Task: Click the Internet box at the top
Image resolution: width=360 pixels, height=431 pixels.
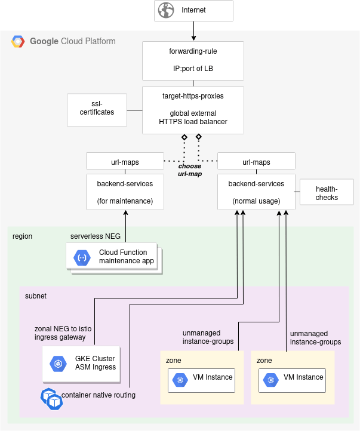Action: [193, 11]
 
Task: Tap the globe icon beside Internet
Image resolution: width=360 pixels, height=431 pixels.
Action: [168, 11]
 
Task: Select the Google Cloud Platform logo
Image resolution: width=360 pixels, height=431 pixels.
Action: [18, 42]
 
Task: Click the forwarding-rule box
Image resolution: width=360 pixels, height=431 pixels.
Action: [193, 60]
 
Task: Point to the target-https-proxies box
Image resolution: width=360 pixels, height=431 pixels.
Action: [193, 110]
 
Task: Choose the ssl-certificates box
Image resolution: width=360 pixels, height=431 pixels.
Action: [97, 109]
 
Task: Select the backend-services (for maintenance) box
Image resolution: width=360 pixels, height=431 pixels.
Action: [125, 192]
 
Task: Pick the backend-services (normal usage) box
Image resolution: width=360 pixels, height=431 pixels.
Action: [256, 192]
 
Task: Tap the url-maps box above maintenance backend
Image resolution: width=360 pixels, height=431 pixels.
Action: [125, 162]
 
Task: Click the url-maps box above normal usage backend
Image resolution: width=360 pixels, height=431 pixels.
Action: [256, 162]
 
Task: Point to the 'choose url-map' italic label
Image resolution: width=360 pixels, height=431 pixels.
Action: [190, 170]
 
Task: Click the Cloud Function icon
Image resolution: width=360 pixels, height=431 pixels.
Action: [82, 258]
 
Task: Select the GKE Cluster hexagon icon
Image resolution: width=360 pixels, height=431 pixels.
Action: [59, 364]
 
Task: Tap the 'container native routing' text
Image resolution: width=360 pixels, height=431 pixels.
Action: [99, 395]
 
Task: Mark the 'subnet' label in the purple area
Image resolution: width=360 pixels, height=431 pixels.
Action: [35, 295]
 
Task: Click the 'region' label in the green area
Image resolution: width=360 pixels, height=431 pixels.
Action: [22, 236]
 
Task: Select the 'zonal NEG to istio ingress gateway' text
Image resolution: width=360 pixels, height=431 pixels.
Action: [62, 333]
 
